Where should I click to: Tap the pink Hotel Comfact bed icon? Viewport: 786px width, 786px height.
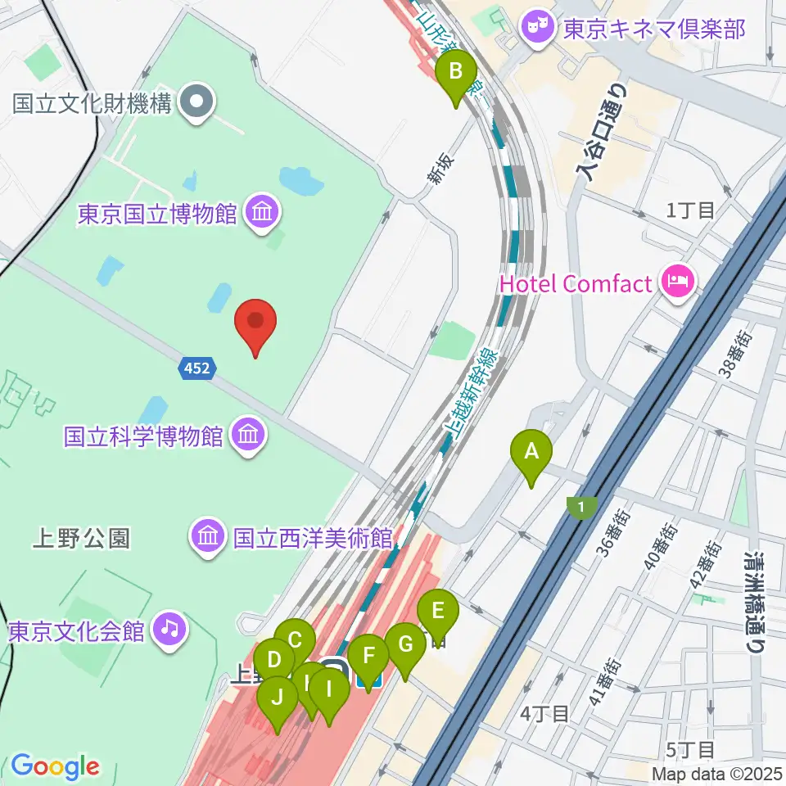(x=679, y=284)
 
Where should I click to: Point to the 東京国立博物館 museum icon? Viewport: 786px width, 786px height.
(x=264, y=215)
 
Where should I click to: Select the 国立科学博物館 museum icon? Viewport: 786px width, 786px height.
(x=248, y=434)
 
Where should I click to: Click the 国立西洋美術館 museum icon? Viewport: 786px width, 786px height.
(x=208, y=537)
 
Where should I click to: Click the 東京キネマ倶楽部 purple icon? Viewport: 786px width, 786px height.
(x=538, y=29)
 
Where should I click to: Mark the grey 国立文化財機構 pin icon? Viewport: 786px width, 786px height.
(x=196, y=103)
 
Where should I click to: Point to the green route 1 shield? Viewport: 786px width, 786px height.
(x=581, y=508)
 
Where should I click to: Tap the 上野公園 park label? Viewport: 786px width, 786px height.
(x=81, y=538)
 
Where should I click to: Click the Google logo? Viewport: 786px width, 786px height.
(x=55, y=766)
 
